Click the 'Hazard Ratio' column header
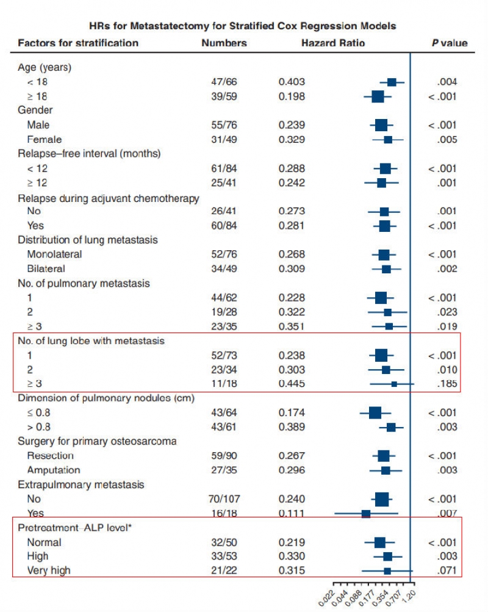pyautogui.click(x=333, y=43)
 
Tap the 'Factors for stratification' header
pyautogui.click(x=78, y=43)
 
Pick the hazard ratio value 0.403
pyautogui.click(x=292, y=82)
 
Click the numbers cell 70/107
pyautogui.click(x=223, y=499)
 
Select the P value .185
pyautogui.click(x=447, y=384)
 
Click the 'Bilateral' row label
pyautogui.click(x=46, y=268)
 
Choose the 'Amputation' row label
pyautogui.click(x=53, y=470)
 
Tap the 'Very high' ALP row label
pyautogui.click(x=48, y=571)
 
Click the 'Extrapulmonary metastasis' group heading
pyautogui.click(x=81, y=484)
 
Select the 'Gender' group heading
pyautogui.click(x=35, y=110)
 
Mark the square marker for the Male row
pyautogui.click(x=381, y=125)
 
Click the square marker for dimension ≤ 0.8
pyautogui.click(x=375, y=413)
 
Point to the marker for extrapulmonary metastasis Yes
pyautogui.click(x=366, y=514)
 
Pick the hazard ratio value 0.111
pyautogui.click(x=292, y=514)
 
